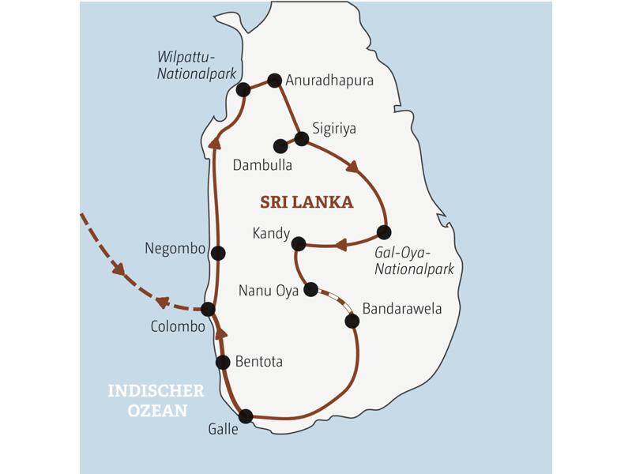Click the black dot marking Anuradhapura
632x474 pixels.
(x=274, y=80)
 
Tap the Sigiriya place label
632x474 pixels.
(x=333, y=128)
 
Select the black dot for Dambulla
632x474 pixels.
(x=280, y=146)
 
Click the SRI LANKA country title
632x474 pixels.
(x=307, y=202)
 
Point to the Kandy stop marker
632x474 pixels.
(x=299, y=243)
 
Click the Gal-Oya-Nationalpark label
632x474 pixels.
(x=414, y=261)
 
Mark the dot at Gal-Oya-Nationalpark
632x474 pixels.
(x=384, y=232)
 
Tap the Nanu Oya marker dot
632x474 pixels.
(x=311, y=289)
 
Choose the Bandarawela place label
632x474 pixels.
(x=401, y=308)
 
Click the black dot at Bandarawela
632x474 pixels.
(x=352, y=321)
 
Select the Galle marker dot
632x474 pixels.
(x=246, y=416)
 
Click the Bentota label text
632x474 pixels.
(x=258, y=362)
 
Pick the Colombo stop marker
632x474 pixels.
(x=208, y=309)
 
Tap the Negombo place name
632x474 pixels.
(x=175, y=248)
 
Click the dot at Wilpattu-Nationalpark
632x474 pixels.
(x=243, y=89)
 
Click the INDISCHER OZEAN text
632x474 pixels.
(x=156, y=401)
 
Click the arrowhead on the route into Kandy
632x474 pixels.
(x=340, y=245)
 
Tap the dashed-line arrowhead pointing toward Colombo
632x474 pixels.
(x=163, y=302)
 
